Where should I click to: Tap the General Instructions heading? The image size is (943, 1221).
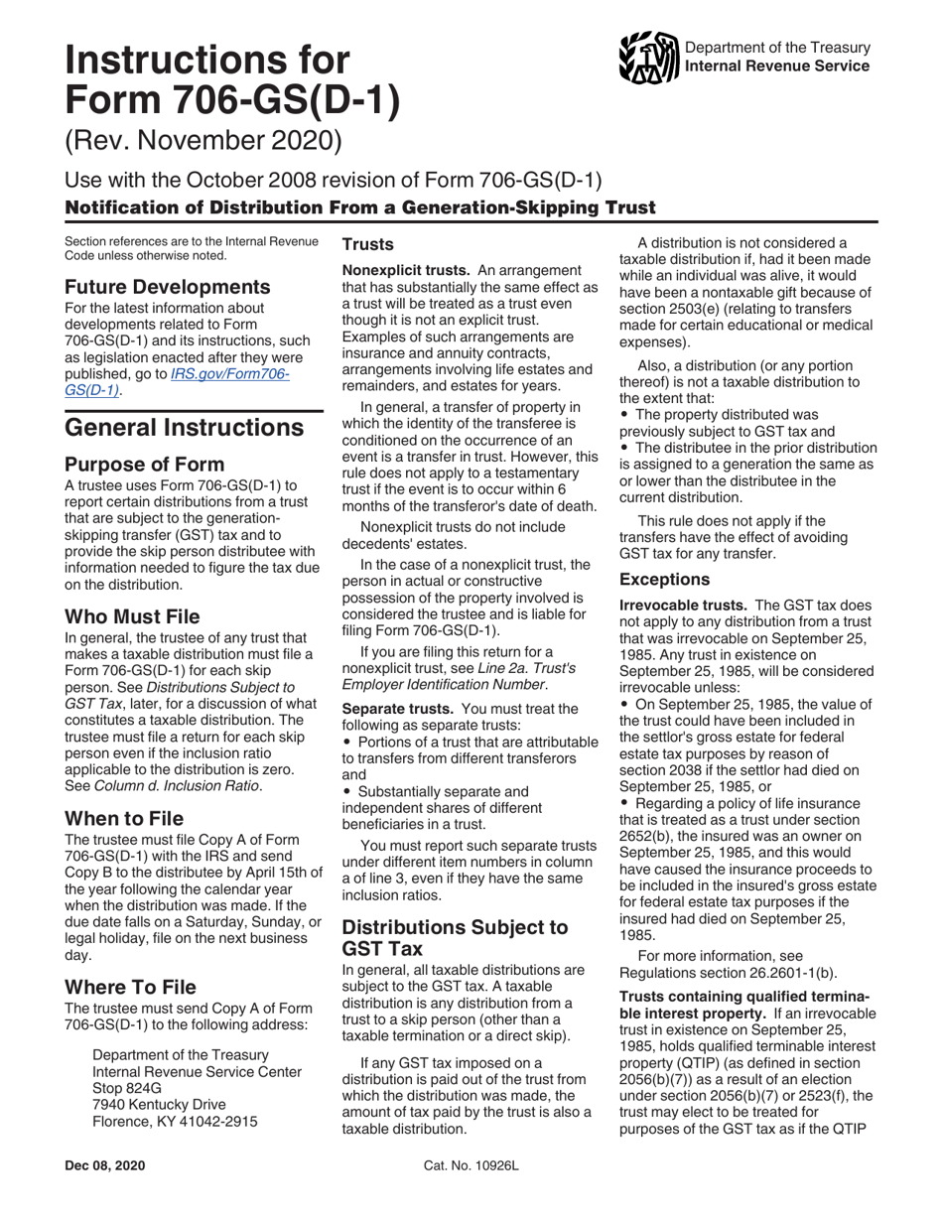(184, 427)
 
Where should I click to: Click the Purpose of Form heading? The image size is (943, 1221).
(144, 464)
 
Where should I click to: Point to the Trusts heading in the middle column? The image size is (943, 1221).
(368, 243)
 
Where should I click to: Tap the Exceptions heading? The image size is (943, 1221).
(664, 579)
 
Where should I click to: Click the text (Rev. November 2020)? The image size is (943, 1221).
(202, 140)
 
